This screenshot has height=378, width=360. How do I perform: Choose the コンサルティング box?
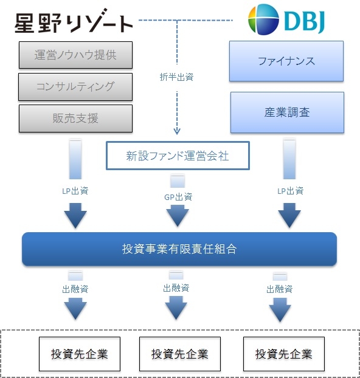[75, 86]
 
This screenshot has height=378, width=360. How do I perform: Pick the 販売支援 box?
[75, 118]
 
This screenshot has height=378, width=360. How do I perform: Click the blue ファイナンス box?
[286, 61]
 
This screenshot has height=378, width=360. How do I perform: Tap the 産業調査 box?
[287, 112]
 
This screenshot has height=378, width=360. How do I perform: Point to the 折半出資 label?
[176, 77]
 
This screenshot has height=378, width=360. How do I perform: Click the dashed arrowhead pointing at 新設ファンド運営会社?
[177, 130]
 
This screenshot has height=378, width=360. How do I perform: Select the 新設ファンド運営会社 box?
[177, 156]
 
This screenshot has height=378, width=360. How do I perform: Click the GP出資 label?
[178, 196]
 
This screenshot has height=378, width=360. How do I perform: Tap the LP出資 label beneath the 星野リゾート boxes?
[75, 191]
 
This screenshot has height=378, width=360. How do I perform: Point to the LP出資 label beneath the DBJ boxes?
[290, 191]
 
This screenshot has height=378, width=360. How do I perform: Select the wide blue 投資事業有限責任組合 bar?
[179, 249]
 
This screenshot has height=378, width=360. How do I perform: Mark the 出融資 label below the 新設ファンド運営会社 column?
[176, 287]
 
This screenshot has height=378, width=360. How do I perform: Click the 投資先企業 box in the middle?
[179, 354]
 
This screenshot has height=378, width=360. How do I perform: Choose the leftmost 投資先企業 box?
[79, 354]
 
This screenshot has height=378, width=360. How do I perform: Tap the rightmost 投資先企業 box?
[283, 354]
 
